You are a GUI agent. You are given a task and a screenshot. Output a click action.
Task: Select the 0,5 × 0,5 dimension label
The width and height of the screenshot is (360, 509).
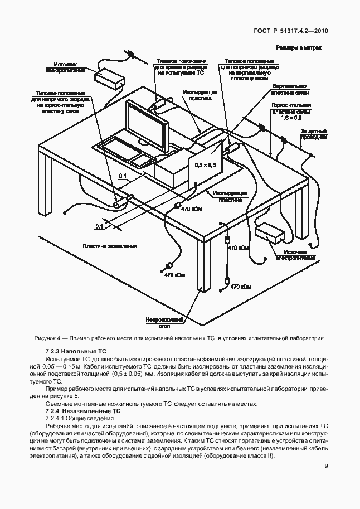tap(203, 165)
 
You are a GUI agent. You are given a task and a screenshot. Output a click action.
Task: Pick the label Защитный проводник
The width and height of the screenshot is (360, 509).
tap(313, 133)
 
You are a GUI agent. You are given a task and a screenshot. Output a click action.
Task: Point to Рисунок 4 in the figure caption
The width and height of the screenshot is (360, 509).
tap(48, 338)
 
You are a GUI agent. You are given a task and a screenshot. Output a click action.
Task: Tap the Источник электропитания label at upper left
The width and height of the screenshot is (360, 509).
tap(65, 67)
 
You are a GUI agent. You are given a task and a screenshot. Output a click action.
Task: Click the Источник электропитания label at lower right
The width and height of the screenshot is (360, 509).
tap(296, 255)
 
